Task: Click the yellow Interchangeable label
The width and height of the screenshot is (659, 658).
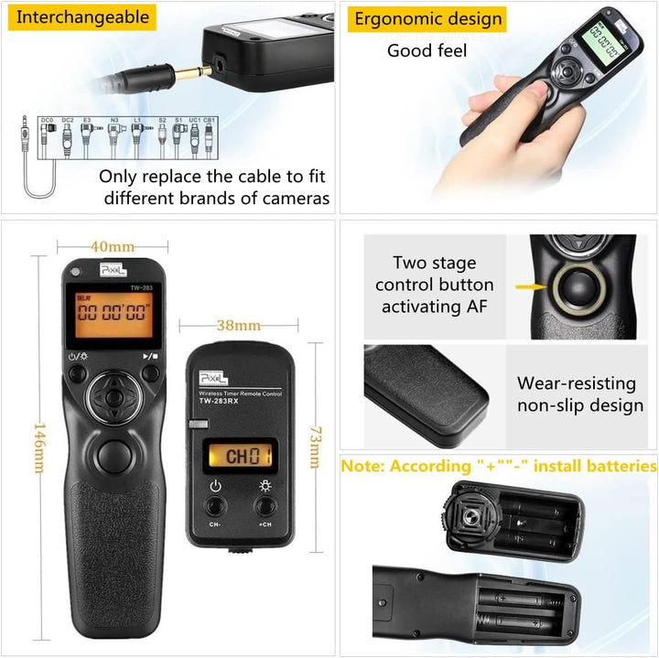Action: click(82, 16)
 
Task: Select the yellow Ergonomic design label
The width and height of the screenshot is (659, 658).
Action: click(428, 18)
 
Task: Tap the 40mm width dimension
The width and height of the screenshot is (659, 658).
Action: click(113, 246)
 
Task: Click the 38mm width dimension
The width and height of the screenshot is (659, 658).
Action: click(237, 325)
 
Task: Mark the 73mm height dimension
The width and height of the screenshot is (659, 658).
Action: click(314, 447)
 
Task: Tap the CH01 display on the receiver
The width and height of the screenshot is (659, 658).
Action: click(236, 456)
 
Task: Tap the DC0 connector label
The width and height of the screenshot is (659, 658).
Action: click(47, 120)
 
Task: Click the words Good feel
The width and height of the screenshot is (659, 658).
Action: click(427, 51)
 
